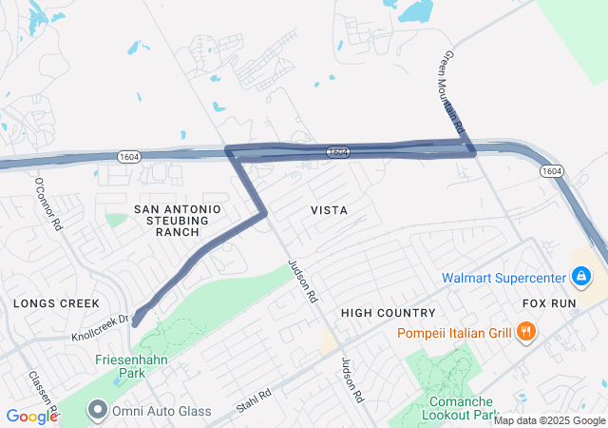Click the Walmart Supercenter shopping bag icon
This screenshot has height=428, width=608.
click(580, 278)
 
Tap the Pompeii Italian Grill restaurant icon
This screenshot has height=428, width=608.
click(525, 331)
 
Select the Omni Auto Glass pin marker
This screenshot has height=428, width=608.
click(97, 410)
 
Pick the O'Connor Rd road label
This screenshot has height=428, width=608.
click(47, 204)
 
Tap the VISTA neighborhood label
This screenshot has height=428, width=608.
click(329, 209)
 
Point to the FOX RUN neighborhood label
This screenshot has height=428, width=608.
click(550, 303)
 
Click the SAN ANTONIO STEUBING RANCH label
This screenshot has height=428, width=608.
click(178, 220)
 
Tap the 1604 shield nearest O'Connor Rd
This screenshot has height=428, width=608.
click(130, 156)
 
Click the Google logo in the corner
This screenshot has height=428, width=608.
click(32, 416)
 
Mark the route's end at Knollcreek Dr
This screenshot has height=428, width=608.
click(136, 321)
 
